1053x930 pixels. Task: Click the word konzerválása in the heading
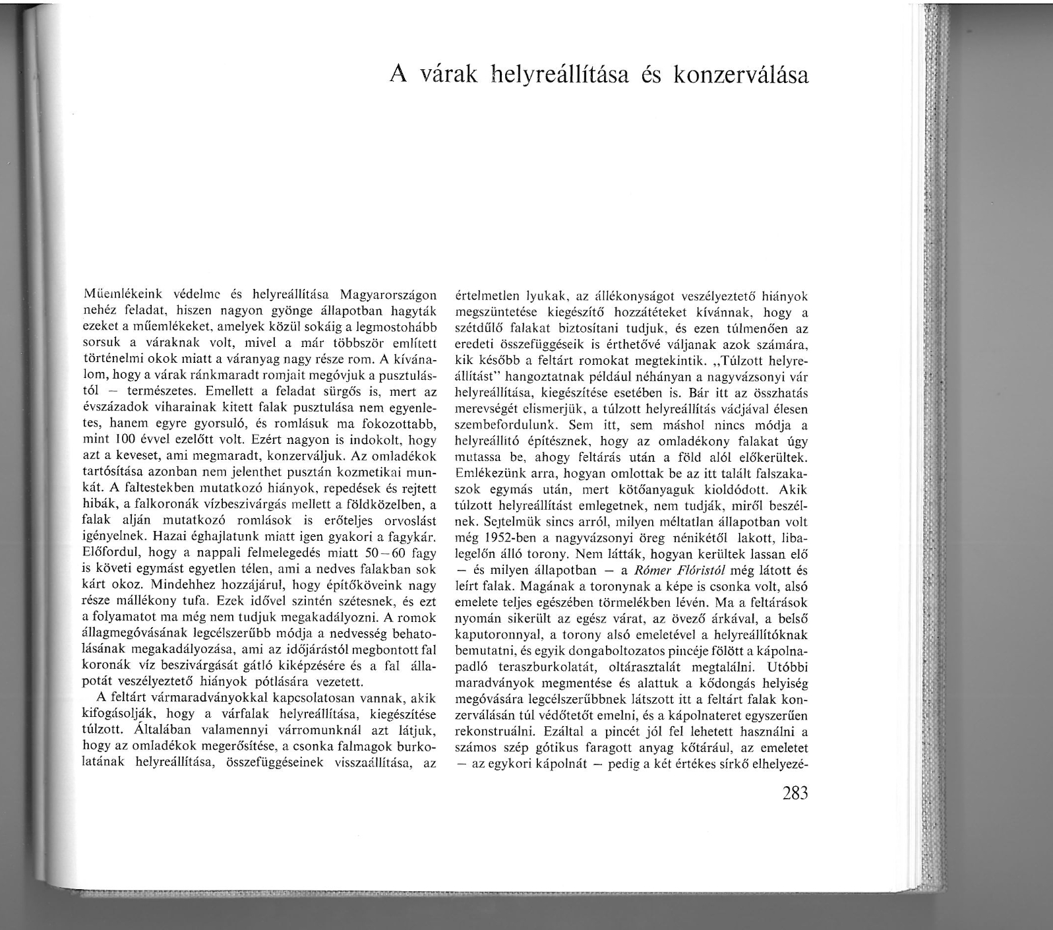[x=740, y=75]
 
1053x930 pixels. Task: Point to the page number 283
[x=794, y=793]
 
